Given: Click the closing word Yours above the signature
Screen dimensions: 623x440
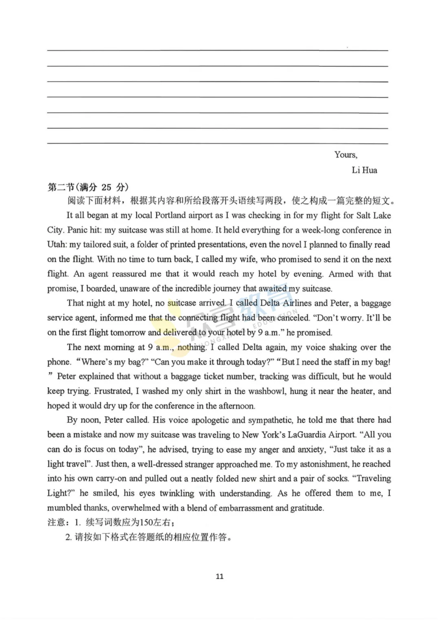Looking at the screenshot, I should [345, 155].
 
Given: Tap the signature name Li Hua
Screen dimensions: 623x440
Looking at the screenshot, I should [364, 170].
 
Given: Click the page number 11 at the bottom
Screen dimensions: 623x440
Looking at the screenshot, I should [220, 576].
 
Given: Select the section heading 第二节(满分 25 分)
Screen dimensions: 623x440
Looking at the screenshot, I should [88, 187].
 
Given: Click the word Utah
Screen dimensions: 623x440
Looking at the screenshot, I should [56, 244].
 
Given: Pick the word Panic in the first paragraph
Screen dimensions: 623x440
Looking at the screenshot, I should [77, 230].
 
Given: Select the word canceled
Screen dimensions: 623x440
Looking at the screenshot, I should [293, 317].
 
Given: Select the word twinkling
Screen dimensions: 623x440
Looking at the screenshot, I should [177, 493].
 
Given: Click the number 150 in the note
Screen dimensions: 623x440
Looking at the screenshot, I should [146, 522].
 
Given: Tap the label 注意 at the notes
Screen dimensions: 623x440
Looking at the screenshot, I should [56, 522].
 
